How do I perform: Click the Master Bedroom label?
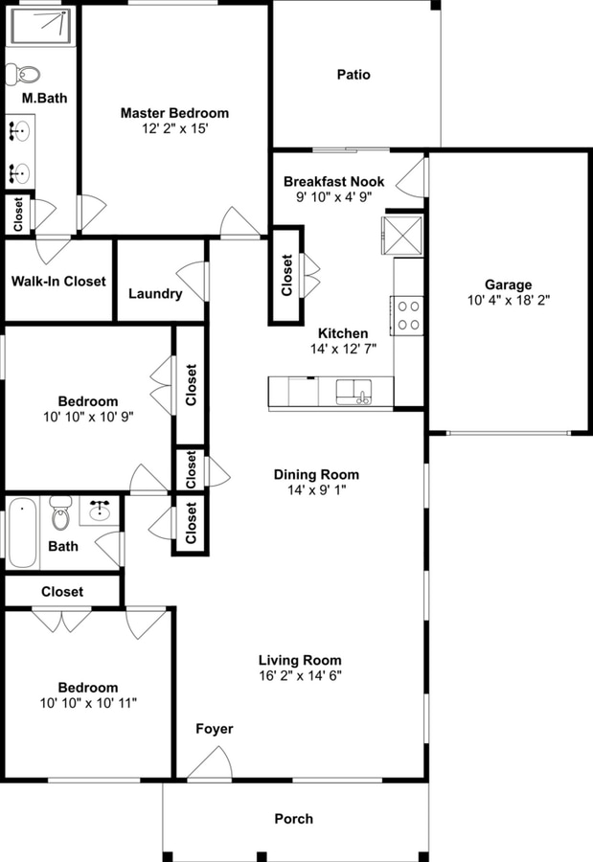(x=174, y=113)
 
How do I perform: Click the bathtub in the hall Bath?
(x=23, y=532)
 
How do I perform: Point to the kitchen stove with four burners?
(x=409, y=315)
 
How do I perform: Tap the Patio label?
(x=353, y=75)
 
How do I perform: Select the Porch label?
(x=293, y=818)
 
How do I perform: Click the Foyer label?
(x=215, y=729)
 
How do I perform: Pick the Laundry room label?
(x=155, y=294)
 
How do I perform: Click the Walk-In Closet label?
(x=58, y=282)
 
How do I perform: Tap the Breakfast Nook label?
(x=333, y=181)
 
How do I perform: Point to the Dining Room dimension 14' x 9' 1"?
(x=316, y=490)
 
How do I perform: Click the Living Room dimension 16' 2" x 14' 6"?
(x=300, y=675)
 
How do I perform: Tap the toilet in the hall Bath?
(x=61, y=513)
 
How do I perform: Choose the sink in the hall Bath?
(x=99, y=510)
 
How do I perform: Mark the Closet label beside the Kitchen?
(x=286, y=275)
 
